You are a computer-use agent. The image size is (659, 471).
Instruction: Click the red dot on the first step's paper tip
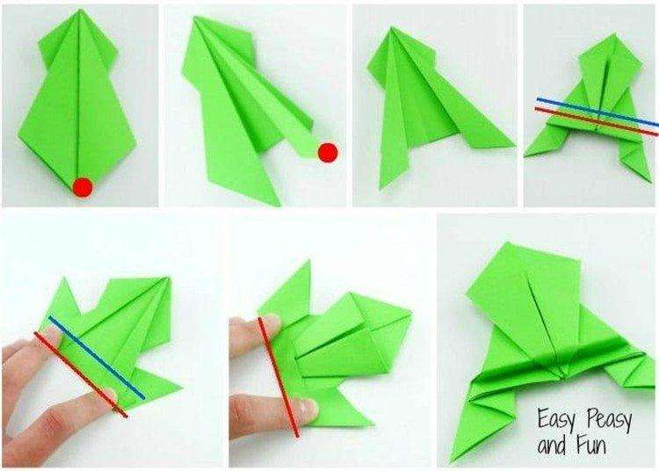[83, 187]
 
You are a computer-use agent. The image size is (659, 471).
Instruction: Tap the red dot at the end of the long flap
[328, 153]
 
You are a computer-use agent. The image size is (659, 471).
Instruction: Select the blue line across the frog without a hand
[597, 112]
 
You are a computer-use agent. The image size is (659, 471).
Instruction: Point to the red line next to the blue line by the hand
[81, 375]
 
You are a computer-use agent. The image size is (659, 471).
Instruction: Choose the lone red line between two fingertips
[279, 377]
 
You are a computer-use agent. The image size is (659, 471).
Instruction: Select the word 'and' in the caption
[552, 446]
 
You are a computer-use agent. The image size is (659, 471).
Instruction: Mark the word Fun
[591, 445]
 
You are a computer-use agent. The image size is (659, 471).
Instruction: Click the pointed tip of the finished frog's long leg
[452, 461]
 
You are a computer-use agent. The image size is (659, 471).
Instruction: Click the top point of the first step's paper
[78, 11]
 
